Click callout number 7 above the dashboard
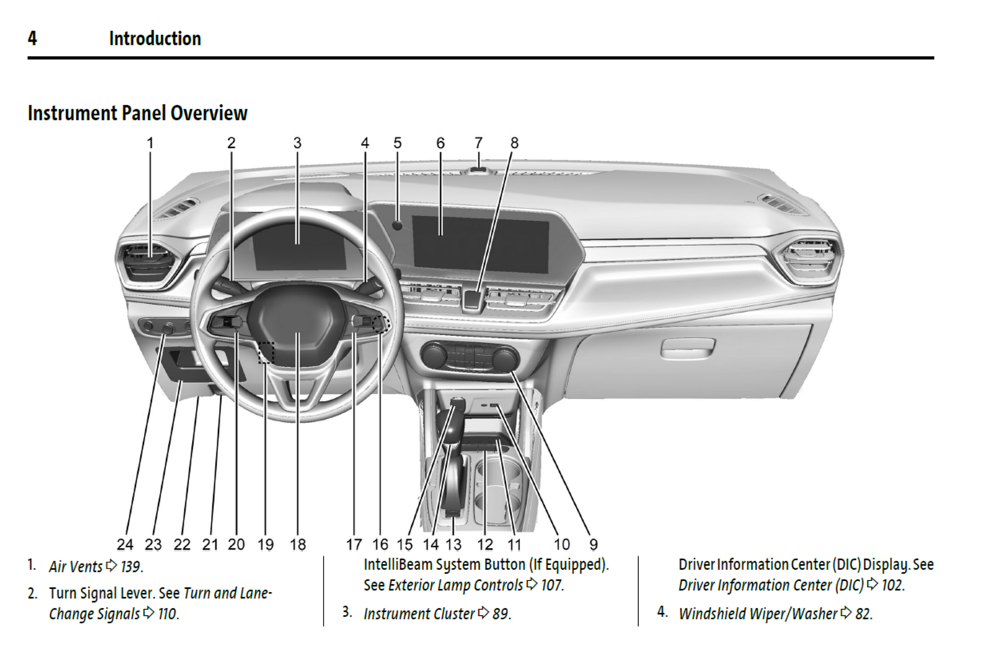pyautogui.click(x=478, y=143)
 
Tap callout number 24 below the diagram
pyautogui.click(x=125, y=544)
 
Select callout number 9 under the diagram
pyautogui.click(x=593, y=544)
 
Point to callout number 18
pyautogui.click(x=297, y=544)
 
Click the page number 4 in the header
pyautogui.click(x=32, y=38)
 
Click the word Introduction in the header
pyautogui.click(x=155, y=38)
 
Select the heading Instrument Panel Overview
pyautogui.click(x=138, y=113)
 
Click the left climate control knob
pyautogui.click(x=434, y=354)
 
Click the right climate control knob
pyautogui.click(x=505, y=358)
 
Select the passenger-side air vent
pyautogui.click(x=808, y=259)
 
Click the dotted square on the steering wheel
pyautogui.click(x=266, y=352)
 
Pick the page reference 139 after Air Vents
pyautogui.click(x=131, y=567)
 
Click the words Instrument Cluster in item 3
pyautogui.click(x=419, y=614)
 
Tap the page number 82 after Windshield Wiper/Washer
pyautogui.click(x=863, y=614)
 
